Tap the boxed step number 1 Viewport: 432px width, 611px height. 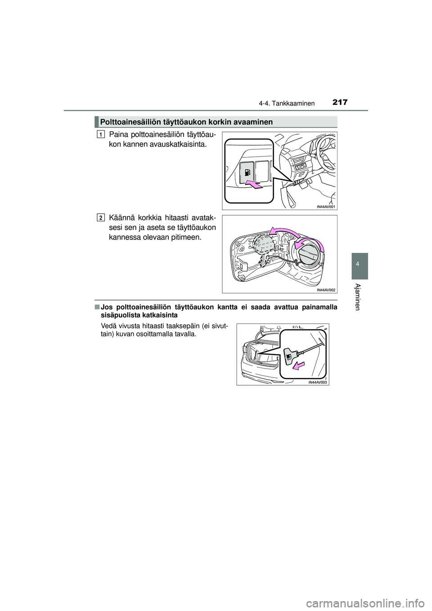pyautogui.click(x=101, y=134)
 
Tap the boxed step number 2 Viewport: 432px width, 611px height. pyautogui.click(x=101, y=218)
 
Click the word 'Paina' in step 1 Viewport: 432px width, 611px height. pyautogui.click(x=117, y=135)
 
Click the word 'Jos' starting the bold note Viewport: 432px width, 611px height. pyautogui.click(x=107, y=307)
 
